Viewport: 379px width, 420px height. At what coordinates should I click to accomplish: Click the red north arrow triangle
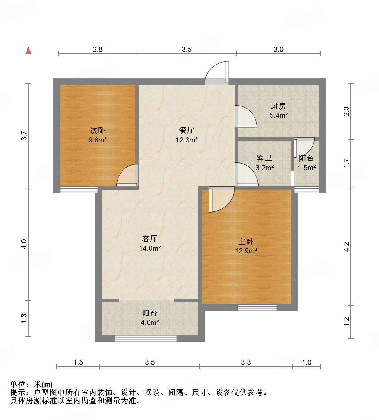pyautogui.click(x=28, y=51)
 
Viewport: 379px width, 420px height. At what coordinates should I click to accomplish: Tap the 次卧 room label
pyautogui.click(x=98, y=130)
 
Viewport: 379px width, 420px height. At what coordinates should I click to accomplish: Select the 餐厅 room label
pyautogui.click(x=187, y=130)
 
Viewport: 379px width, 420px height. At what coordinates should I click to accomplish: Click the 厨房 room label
pyautogui.click(x=278, y=106)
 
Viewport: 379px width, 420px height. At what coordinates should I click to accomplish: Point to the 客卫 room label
pyautogui.click(x=264, y=158)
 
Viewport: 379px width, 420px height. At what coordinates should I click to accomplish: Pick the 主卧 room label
pyautogui.click(x=246, y=241)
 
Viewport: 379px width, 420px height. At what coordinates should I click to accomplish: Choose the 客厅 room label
pyautogui.click(x=150, y=239)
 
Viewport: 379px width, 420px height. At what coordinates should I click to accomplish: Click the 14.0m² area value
pyautogui.click(x=150, y=248)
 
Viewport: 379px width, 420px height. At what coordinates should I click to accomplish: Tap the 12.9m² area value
pyautogui.click(x=246, y=251)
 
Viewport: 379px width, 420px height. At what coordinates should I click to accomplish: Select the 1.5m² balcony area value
pyautogui.click(x=307, y=168)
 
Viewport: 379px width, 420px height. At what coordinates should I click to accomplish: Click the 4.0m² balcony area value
pyautogui.click(x=150, y=323)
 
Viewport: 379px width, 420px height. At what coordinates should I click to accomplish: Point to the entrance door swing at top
pyautogui.click(x=216, y=73)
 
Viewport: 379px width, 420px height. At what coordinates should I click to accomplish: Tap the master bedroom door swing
pyautogui.click(x=222, y=199)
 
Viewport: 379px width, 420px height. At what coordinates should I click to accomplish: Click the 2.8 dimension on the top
pyautogui.click(x=98, y=50)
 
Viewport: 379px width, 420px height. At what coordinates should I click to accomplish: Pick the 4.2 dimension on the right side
pyautogui.click(x=346, y=247)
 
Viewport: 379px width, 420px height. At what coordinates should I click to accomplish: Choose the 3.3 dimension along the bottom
pyautogui.click(x=246, y=363)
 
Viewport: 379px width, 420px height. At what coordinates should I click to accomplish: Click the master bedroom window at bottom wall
pyautogui.click(x=257, y=307)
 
